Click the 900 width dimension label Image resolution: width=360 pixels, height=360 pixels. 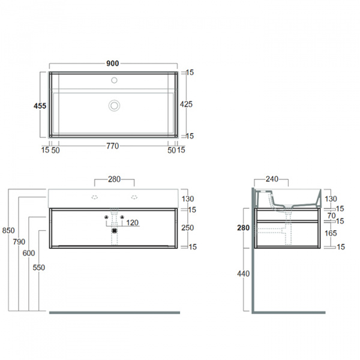click(x=113, y=64)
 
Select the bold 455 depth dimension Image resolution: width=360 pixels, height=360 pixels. click(x=40, y=106)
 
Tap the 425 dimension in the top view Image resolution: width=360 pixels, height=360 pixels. click(x=186, y=104)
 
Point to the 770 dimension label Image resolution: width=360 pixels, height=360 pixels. click(x=113, y=146)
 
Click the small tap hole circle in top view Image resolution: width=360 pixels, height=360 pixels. click(x=114, y=80)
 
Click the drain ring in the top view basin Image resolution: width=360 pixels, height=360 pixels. click(x=114, y=106)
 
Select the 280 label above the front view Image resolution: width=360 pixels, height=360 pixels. click(x=115, y=179)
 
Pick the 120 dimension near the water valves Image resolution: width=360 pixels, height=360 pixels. click(x=132, y=223)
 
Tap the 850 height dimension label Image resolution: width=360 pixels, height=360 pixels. click(x=8, y=230)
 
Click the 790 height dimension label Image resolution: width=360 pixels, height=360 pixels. click(x=19, y=242)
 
